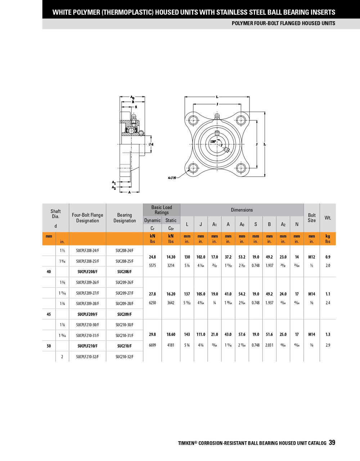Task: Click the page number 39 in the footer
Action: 332,443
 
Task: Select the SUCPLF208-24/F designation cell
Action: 87,250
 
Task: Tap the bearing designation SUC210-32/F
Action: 124,357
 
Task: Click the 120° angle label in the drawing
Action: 213,142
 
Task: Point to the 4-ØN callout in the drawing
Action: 172,178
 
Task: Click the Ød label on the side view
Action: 151,144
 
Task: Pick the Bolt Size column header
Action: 312,218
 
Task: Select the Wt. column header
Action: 328,218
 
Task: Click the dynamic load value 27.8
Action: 152,294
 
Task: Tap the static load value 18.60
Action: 171,334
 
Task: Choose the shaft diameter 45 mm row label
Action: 49,314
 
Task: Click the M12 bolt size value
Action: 312,257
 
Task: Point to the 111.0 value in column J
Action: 201,334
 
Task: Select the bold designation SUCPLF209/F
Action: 87,314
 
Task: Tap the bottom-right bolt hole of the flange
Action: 241,167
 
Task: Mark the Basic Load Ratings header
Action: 161,210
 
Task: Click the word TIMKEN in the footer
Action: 186,443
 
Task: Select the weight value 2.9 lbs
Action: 328,345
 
